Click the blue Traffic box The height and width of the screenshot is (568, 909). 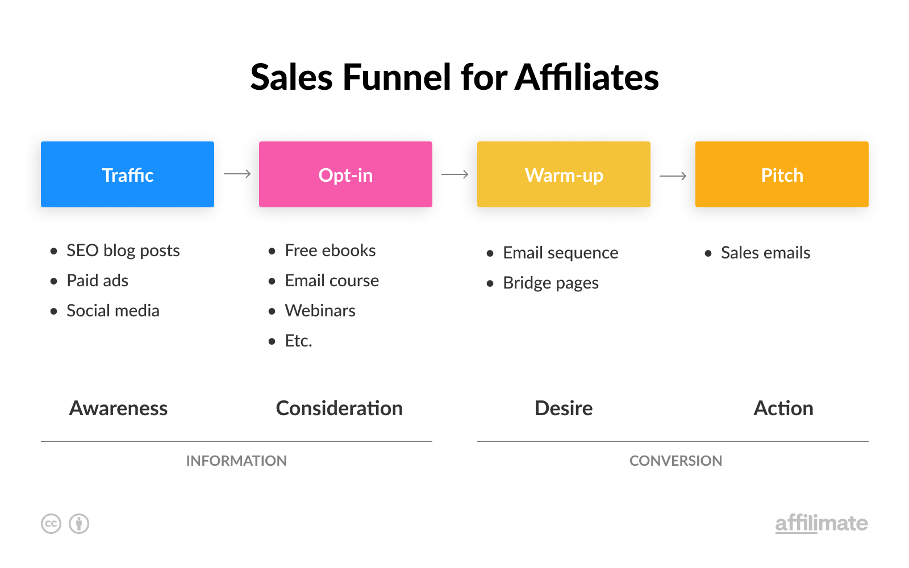pos(127,174)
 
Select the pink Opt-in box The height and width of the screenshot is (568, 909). pos(346,174)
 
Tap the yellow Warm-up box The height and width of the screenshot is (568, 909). pos(564,174)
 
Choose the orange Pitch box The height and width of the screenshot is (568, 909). pos(782,174)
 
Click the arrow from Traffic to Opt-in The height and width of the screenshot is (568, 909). pos(237,174)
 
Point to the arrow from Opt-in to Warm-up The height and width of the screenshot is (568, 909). pos(455,174)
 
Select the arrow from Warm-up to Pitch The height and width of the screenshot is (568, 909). pos(673,176)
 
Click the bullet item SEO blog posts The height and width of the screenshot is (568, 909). pos(123,250)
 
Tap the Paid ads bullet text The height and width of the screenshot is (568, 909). pos(97,281)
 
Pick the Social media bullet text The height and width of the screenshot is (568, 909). pos(113,311)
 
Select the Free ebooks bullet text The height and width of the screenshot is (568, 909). pos(330,250)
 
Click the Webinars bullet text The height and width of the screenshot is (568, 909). pos(320,311)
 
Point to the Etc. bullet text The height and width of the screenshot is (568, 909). pos(299,341)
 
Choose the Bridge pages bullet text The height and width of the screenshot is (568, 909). pos(551,283)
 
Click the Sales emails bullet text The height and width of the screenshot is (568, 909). pos(766,253)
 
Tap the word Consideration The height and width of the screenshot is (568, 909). pos(339,408)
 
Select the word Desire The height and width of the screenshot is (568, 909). pos(564,408)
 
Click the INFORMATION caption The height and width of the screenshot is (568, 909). pos(236,461)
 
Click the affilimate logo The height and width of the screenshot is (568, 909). pos(822,523)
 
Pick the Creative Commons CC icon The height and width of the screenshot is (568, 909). pos(51,524)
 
